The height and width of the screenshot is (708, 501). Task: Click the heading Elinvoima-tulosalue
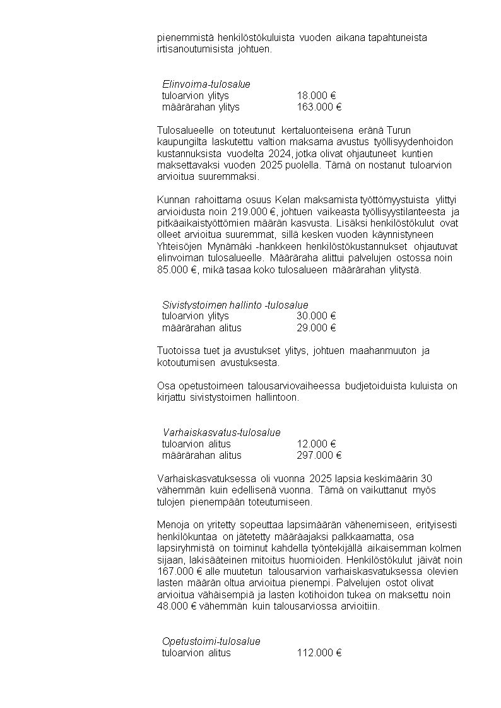pos(206,84)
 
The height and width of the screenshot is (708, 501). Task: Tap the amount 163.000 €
pos(319,107)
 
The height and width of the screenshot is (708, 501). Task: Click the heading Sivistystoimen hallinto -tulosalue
pos(235,305)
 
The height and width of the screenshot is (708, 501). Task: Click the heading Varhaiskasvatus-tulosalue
pos(221,432)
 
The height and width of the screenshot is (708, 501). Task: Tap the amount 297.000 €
pos(319,455)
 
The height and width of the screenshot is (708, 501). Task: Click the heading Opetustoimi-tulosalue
pos(211,641)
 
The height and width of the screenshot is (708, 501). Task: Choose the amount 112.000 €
pos(319,653)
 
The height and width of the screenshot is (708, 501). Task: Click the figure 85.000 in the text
pos(168,270)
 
